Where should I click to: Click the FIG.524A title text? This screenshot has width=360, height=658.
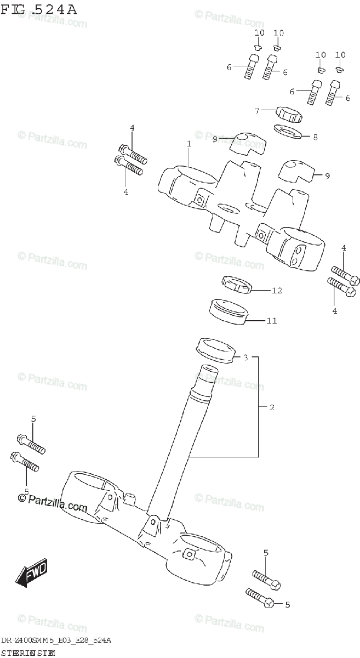click(39, 9)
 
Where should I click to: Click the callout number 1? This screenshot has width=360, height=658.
click(188, 144)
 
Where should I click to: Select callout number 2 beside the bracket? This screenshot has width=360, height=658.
click(272, 407)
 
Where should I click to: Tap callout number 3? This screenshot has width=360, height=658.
click(245, 358)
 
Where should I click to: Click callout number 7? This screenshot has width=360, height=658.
click(256, 111)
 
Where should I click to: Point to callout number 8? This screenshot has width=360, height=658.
click(315, 138)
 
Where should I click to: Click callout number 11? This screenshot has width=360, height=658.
click(272, 321)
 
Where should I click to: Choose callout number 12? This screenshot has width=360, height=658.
click(277, 290)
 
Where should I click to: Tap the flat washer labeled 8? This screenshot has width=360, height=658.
click(289, 131)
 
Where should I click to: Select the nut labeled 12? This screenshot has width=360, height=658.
click(236, 285)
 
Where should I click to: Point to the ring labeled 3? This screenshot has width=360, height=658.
click(214, 349)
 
